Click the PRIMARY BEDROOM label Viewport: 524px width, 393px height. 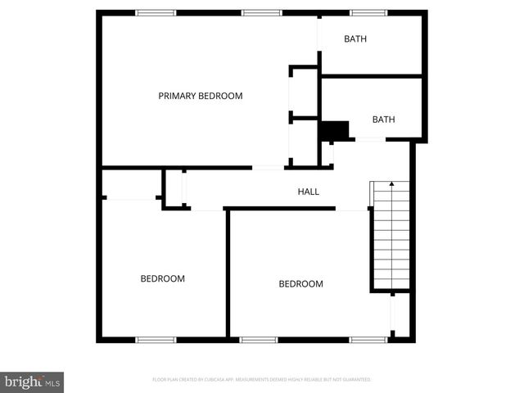tap(201, 96)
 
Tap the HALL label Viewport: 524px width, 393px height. tap(308, 192)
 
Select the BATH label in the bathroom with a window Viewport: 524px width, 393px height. tap(355, 38)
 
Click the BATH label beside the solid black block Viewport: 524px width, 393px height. tap(383, 120)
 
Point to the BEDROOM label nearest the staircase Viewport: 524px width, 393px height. tap(300, 284)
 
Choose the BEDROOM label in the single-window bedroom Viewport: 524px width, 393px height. tap(162, 278)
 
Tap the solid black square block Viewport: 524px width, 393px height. tap(332, 130)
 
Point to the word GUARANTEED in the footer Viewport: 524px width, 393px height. tap(354, 380)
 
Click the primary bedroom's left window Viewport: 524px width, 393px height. tap(156, 12)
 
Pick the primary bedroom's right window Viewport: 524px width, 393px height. tap(261, 12)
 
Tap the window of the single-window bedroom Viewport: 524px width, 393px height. tap(156, 339)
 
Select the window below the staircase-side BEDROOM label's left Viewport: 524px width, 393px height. tap(259, 339)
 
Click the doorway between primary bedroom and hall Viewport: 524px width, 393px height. tap(268, 168)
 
